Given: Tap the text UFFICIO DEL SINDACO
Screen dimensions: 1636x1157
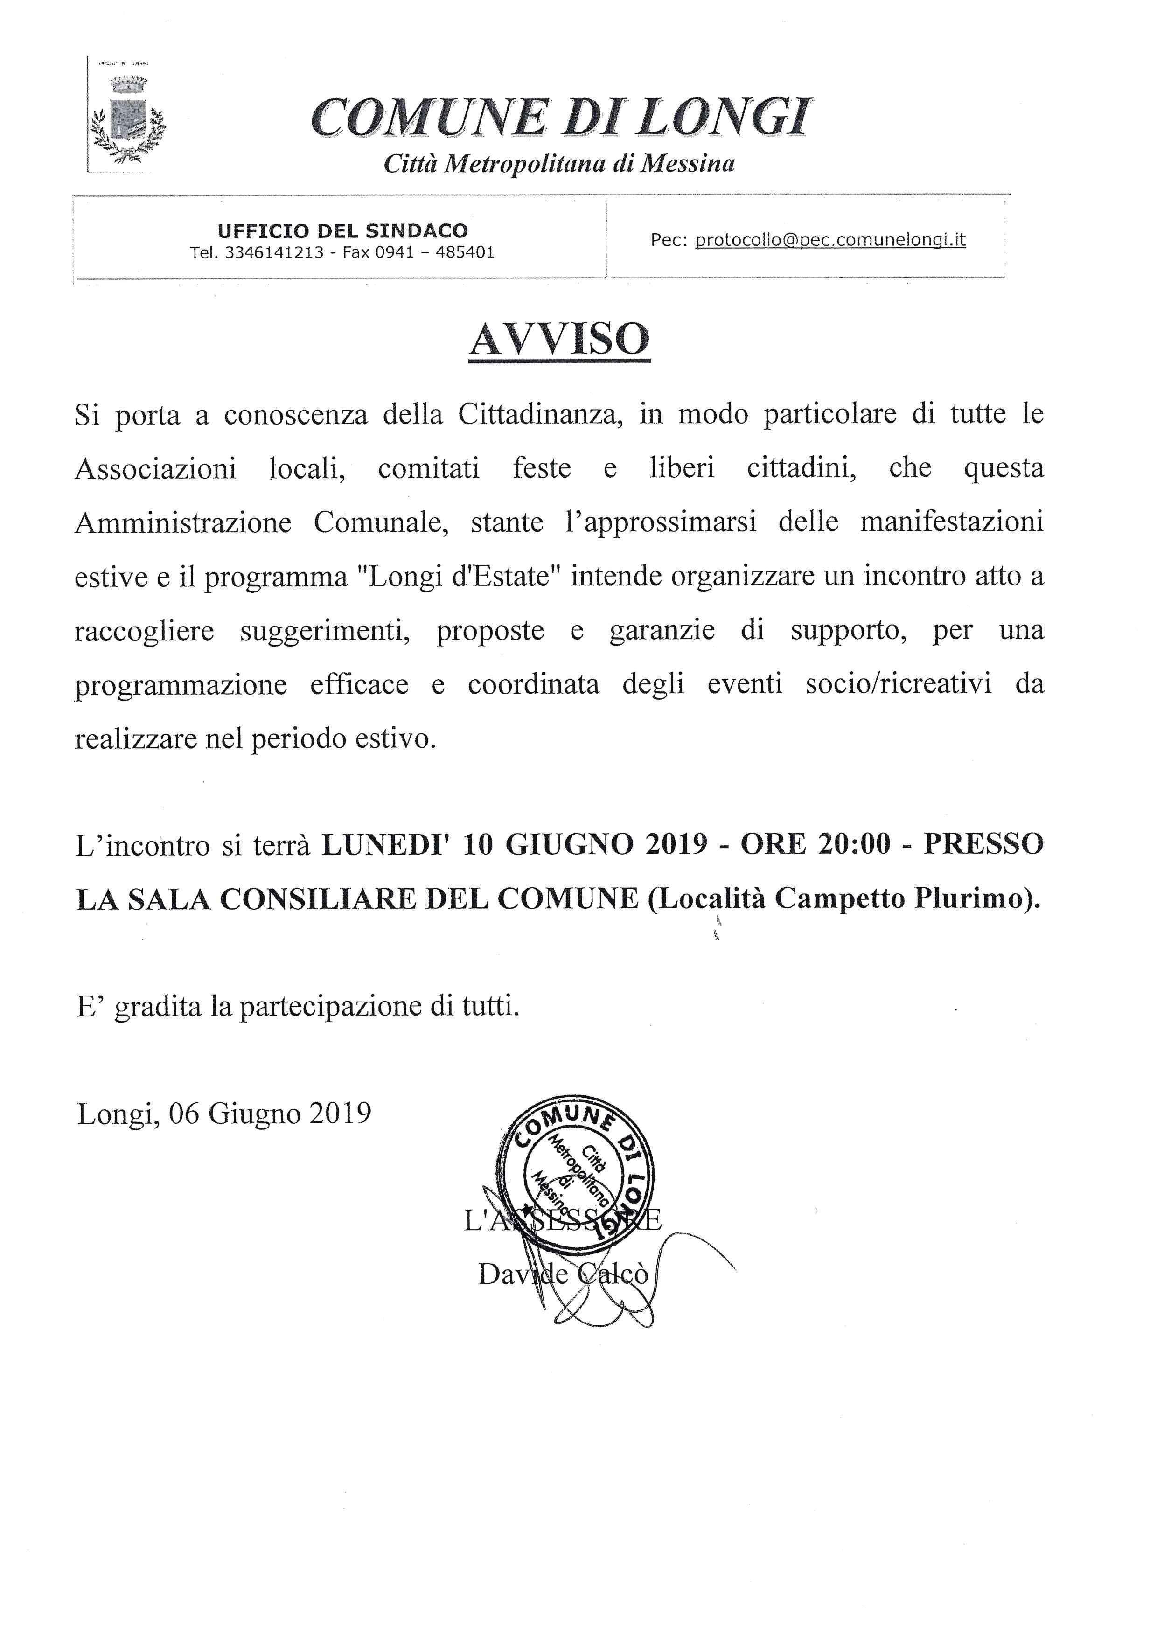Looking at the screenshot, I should (343, 231).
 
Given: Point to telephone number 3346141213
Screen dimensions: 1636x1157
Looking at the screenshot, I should (274, 252).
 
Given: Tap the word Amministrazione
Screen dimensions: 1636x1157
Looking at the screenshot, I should (183, 522).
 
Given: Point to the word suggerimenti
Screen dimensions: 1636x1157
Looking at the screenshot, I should (325, 631).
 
